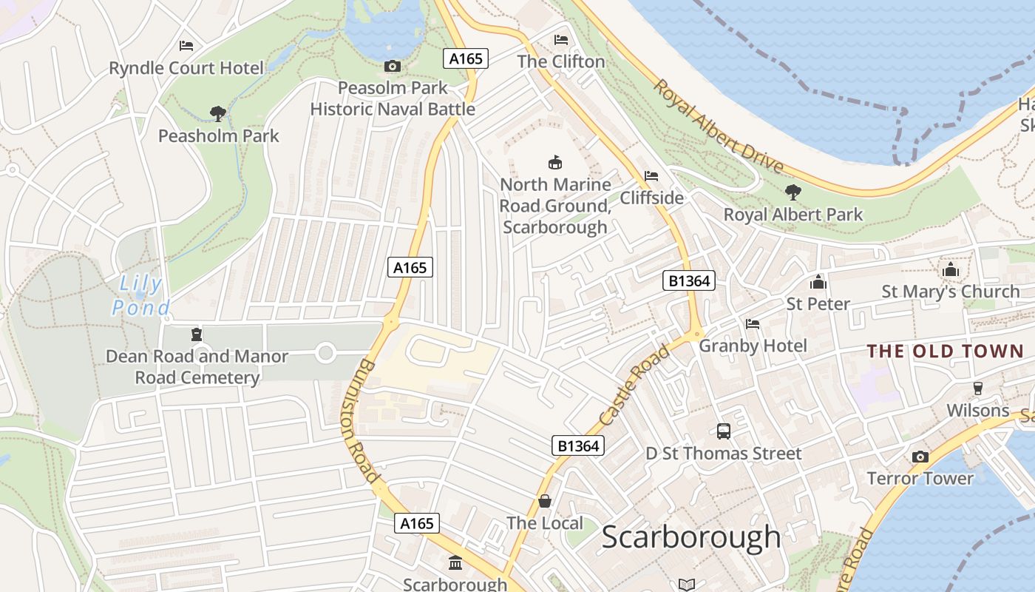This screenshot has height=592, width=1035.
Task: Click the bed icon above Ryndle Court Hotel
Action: (x=186, y=46)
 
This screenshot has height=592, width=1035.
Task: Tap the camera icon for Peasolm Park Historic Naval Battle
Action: (x=393, y=67)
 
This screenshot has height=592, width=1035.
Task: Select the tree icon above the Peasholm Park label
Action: (x=217, y=114)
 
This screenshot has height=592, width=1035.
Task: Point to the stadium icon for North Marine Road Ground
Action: (x=554, y=162)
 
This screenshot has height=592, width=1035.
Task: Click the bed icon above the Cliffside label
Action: (x=651, y=176)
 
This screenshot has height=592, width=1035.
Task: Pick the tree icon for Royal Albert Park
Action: (x=793, y=192)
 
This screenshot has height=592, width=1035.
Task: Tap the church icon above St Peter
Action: (x=818, y=282)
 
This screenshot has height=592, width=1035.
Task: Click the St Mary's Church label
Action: (x=950, y=292)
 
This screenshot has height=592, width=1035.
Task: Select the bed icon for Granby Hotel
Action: (x=753, y=324)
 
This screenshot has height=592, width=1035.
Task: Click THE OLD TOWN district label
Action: (x=945, y=351)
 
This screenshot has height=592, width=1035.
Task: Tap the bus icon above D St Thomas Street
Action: (x=723, y=431)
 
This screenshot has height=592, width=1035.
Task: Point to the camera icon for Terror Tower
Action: (x=920, y=457)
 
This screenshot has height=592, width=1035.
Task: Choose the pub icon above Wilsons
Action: (x=977, y=389)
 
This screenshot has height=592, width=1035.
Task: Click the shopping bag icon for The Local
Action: (x=545, y=501)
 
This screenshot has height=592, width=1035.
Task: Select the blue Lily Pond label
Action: (x=140, y=294)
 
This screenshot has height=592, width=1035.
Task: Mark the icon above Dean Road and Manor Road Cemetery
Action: (x=197, y=334)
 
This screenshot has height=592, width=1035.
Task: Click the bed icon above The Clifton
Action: (x=561, y=39)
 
